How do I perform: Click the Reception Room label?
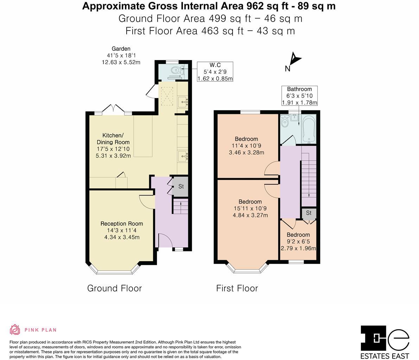pyautogui.click(x=122, y=230)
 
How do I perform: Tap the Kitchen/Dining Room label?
pyautogui.click(x=113, y=146)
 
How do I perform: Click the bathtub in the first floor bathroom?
pyautogui.click(x=309, y=129)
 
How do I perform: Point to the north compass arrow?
pyautogui.click(x=295, y=58)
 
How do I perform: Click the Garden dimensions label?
pyautogui.click(x=121, y=56)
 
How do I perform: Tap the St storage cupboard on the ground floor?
pyautogui.click(x=181, y=186)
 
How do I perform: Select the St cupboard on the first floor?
pyautogui.click(x=309, y=213)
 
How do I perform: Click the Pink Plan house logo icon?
pyautogui.click(x=15, y=329)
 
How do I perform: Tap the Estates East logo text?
pyautogui.click(x=385, y=356)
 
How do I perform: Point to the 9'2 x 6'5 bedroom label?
pyautogui.click(x=298, y=242)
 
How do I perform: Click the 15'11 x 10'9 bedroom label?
pyautogui.click(x=250, y=208)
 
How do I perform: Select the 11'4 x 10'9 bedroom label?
pyautogui.click(x=246, y=146)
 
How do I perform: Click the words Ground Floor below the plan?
pyautogui.click(x=114, y=288)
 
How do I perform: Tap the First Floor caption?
pyautogui.click(x=237, y=288)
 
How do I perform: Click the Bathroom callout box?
pyautogui.click(x=299, y=96)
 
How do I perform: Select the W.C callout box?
pyautogui.click(x=215, y=72)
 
